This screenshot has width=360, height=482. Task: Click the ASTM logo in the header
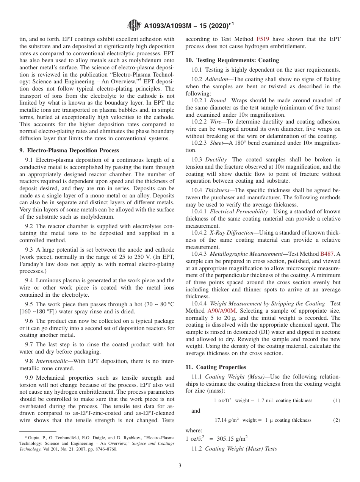[134, 25]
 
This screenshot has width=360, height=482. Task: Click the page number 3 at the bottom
[180, 465]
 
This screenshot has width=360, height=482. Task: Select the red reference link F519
[263, 39]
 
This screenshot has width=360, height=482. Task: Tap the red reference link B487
[327, 254]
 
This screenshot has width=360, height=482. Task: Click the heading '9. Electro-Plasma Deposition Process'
[69, 150]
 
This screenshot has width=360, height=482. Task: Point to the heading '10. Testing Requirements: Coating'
[232, 60]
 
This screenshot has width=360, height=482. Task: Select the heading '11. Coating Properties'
[216, 367]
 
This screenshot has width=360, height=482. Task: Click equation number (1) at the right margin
[337, 401]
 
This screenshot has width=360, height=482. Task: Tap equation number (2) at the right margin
[337, 420]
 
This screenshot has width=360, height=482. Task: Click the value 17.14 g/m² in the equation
[227, 420]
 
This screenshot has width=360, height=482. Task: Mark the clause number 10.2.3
[199, 143]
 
